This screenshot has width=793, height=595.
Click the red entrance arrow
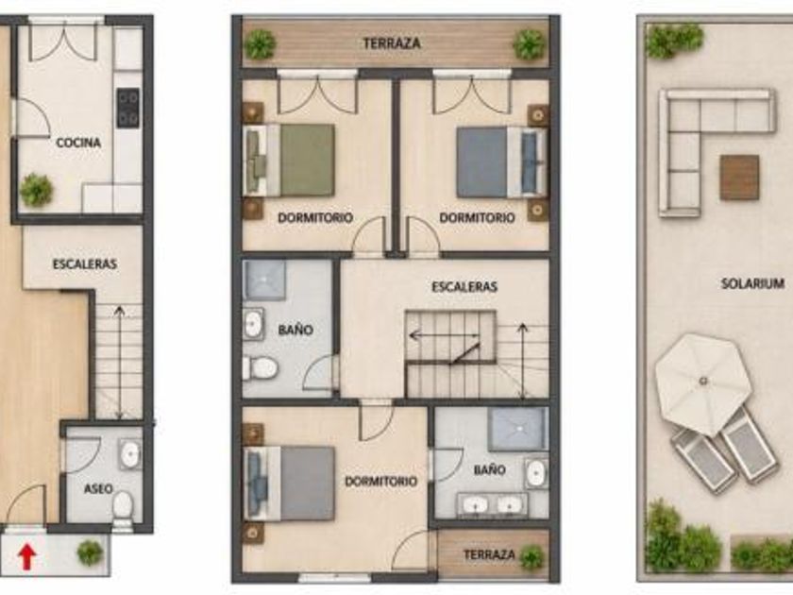(26, 556)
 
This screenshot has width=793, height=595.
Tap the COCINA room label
(78, 143)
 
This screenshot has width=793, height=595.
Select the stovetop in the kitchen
(128, 108)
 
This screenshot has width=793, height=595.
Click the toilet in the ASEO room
(123, 508)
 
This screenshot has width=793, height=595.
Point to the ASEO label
(98, 489)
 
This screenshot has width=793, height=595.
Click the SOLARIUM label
(752, 283)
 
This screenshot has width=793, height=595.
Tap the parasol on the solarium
(703, 383)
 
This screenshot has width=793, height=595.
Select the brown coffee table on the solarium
(739, 178)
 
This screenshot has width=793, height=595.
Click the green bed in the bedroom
(289, 160)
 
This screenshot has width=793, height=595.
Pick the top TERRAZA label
(392, 43)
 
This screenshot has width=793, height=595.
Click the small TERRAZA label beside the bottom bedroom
(489, 555)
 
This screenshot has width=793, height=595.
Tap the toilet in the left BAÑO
(261, 367)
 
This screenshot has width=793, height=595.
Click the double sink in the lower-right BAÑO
(492, 505)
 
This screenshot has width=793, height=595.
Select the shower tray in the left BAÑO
(264, 280)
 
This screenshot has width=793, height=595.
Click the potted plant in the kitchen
(36, 190)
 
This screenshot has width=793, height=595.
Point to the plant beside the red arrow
(90, 552)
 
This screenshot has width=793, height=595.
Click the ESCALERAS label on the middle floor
(464, 287)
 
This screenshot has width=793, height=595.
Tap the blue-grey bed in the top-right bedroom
(501, 161)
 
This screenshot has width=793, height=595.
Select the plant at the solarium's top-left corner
(674, 39)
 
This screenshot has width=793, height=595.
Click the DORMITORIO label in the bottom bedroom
(380, 481)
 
